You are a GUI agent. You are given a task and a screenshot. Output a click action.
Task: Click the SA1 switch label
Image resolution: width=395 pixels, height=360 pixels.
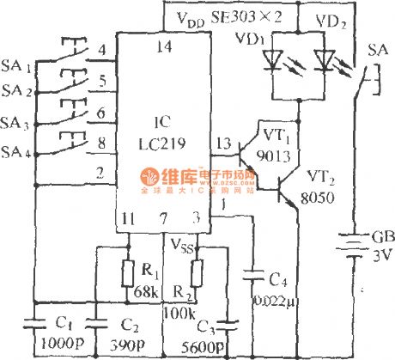point(16,66)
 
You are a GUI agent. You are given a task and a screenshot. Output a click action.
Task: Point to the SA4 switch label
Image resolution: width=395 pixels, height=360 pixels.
point(16,153)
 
